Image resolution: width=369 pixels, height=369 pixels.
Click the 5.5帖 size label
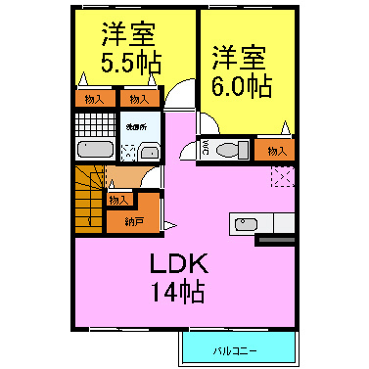click(130, 61)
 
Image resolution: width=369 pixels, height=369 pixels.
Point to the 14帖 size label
click(177, 290)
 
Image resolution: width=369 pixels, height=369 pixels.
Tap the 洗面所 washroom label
click(135, 127)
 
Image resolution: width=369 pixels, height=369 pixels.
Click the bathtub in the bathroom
click(95, 150)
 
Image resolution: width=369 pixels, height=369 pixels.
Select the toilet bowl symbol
click(231, 150)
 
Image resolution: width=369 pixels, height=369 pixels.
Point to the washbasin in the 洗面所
click(149, 151)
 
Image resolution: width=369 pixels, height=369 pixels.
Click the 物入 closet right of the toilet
click(276, 150)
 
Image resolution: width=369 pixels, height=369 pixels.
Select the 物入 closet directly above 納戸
click(118, 200)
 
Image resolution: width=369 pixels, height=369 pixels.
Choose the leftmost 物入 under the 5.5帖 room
click(95, 98)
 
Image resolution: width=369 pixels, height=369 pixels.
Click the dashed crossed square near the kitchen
click(282, 177)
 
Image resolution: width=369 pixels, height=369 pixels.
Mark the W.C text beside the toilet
click(206, 150)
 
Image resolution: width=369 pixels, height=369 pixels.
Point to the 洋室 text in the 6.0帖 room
click(241, 57)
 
